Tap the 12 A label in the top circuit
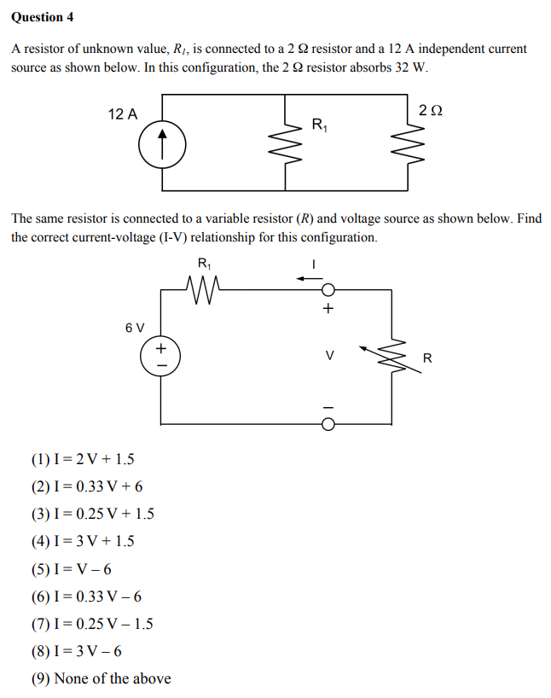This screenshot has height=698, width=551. (123, 114)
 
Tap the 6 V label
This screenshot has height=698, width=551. (135, 327)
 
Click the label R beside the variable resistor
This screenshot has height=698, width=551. (427, 358)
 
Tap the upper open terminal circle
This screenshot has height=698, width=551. (328, 290)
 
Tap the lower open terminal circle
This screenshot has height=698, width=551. (328, 422)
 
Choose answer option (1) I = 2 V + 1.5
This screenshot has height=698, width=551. (83, 460)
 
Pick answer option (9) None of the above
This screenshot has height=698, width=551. (101, 678)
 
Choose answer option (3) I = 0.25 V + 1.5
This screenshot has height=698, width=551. (92, 515)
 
